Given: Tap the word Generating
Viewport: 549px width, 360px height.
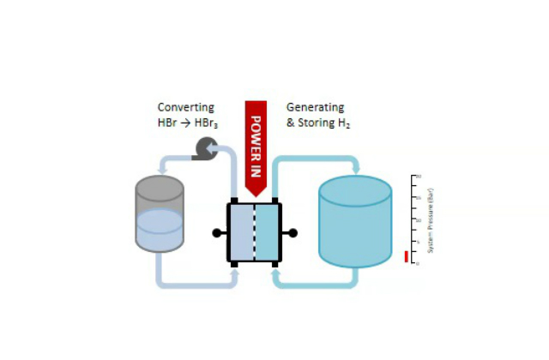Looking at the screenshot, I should click(x=315, y=108).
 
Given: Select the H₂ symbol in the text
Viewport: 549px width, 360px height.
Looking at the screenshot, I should click(x=344, y=124).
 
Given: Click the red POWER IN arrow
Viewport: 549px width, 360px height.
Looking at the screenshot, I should click(x=256, y=146).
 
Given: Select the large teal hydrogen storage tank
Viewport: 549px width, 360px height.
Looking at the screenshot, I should click(x=354, y=223).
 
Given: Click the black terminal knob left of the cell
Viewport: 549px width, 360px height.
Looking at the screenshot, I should click(x=217, y=232).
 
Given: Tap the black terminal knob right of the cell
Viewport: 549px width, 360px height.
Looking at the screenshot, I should click(x=293, y=232).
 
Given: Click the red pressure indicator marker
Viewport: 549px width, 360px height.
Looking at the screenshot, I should click(x=407, y=256).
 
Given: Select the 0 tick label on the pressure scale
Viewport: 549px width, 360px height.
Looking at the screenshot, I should click(x=419, y=263).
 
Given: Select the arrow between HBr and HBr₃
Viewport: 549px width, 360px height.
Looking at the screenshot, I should click(x=191, y=124).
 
